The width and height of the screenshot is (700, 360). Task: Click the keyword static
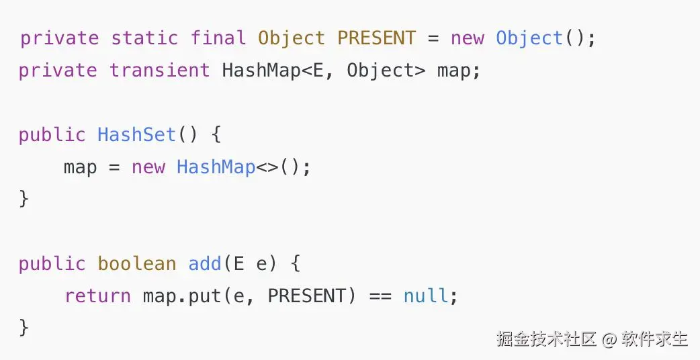pyautogui.click(x=144, y=38)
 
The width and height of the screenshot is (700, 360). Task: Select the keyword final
pyautogui.click(x=218, y=38)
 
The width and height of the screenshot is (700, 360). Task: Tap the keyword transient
pyautogui.click(x=160, y=70)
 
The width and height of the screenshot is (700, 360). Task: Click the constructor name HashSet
pyautogui.click(x=136, y=134)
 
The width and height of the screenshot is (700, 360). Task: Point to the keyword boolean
pyautogui.click(x=136, y=263)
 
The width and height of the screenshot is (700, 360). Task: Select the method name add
pyautogui.click(x=205, y=263)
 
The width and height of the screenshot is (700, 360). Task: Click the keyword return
pyautogui.click(x=97, y=296)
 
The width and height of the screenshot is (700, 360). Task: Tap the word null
pyautogui.click(x=425, y=296)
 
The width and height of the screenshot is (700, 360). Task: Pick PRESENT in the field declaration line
pyautogui.click(x=376, y=38)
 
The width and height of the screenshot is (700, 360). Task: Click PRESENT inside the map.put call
pyautogui.click(x=306, y=296)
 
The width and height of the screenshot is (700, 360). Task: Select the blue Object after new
pyautogui.click(x=529, y=38)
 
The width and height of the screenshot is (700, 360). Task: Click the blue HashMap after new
pyautogui.click(x=216, y=167)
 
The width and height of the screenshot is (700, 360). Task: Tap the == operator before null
pyautogui.click(x=380, y=296)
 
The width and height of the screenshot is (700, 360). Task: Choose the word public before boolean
pyautogui.click(x=52, y=263)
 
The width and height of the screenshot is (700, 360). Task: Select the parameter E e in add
pyautogui.click(x=251, y=263)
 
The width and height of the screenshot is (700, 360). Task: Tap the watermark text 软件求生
pyautogui.click(x=655, y=339)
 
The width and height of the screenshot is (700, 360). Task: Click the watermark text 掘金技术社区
pyautogui.click(x=547, y=339)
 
